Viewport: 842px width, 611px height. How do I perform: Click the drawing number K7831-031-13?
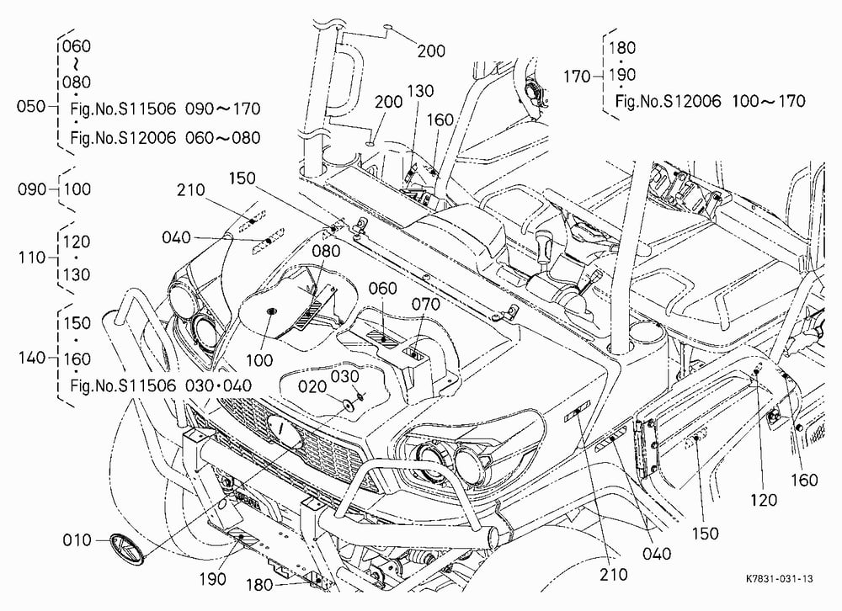(779, 578)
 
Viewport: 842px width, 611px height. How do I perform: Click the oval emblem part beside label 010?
(127, 549)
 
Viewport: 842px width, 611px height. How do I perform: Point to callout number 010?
(77, 539)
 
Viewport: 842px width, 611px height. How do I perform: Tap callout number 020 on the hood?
(312, 386)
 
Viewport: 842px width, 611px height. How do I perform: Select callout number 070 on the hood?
(426, 305)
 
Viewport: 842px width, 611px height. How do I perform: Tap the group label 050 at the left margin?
(31, 106)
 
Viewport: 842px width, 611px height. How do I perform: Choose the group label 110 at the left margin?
(32, 258)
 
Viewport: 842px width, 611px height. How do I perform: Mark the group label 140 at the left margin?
(32, 358)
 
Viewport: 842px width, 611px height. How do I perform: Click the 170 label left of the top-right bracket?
(577, 77)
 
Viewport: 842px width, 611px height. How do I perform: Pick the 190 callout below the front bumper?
(213, 579)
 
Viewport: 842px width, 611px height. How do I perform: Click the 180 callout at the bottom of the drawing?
(259, 585)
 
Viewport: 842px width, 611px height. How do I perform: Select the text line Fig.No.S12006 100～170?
(710, 101)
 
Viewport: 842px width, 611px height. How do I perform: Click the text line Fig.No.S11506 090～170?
(165, 109)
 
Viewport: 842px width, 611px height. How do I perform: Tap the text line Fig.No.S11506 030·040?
(161, 385)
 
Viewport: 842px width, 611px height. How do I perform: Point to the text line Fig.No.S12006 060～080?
(165, 138)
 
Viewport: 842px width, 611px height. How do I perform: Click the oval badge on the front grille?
(284, 432)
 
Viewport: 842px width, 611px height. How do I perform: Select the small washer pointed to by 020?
(349, 405)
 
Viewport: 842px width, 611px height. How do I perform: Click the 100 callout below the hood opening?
(259, 359)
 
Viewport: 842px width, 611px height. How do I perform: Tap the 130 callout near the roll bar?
(420, 91)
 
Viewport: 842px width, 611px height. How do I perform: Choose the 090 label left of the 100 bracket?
(32, 189)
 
